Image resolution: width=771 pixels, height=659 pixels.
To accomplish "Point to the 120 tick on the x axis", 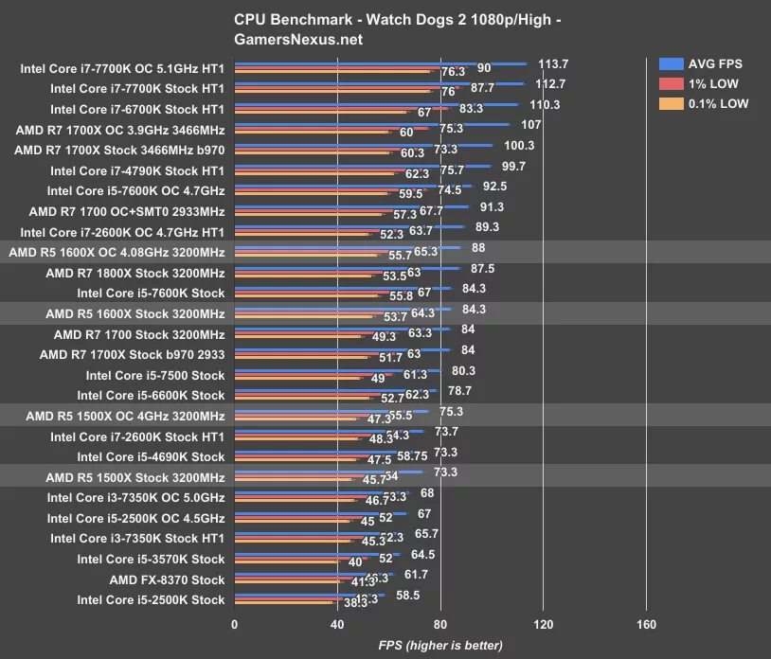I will (x=543, y=624).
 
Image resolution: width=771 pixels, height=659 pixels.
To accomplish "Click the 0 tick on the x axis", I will (x=234, y=624).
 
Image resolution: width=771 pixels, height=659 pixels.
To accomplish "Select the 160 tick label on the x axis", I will (x=646, y=624).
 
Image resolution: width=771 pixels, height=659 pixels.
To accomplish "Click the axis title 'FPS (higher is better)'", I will (x=440, y=646).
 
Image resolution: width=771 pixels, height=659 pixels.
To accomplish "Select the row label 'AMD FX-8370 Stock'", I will (x=167, y=579).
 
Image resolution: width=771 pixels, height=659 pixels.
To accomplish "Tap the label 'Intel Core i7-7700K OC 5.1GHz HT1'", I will (x=122, y=69).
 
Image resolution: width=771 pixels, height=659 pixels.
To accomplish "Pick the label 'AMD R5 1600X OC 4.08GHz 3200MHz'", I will (x=117, y=251).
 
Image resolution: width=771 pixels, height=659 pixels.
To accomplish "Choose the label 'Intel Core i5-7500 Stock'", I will (x=154, y=375).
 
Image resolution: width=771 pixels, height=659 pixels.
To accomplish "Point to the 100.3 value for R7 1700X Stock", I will (x=519, y=145).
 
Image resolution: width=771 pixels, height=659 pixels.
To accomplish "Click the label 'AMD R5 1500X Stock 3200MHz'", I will (x=134, y=477).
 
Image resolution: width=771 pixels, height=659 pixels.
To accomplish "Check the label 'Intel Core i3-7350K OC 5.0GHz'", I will (x=136, y=497).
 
